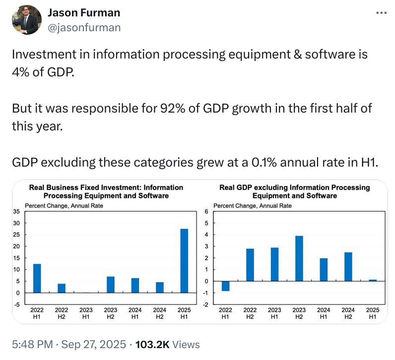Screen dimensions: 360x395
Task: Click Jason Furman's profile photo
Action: coord(26,20)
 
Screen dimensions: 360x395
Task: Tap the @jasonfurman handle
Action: coord(84,27)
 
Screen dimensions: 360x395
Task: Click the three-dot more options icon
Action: coord(381,13)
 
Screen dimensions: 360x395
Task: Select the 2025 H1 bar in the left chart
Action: coord(184,261)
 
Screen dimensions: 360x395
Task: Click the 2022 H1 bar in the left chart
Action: coord(37,278)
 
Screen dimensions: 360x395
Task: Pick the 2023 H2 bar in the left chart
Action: coord(111,285)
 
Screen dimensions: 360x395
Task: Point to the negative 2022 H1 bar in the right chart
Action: coord(225,286)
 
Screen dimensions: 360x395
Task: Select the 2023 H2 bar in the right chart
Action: coord(299,258)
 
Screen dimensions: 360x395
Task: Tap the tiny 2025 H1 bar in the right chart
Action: coord(373,280)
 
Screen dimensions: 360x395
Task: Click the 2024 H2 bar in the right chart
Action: coord(348,267)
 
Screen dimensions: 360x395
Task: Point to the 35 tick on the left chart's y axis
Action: coord(16,211)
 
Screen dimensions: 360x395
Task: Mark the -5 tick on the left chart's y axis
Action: coord(16,304)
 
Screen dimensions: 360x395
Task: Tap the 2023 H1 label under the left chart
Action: coord(86,313)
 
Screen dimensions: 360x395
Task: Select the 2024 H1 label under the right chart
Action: coord(324,313)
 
